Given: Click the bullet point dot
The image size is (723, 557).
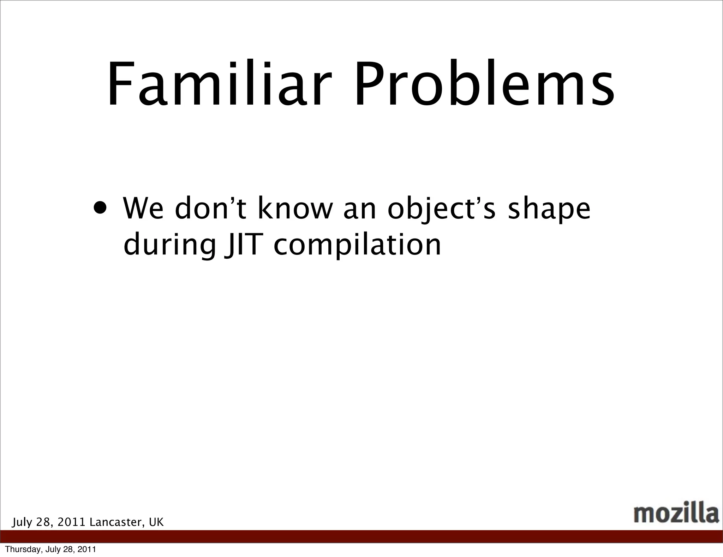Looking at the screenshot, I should click(x=100, y=208).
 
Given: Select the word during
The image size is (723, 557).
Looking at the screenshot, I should click(x=169, y=246).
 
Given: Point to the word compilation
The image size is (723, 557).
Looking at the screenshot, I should click(x=357, y=246).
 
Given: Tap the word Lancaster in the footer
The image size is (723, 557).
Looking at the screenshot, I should click(x=117, y=522).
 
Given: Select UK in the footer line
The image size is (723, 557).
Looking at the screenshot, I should click(x=156, y=522).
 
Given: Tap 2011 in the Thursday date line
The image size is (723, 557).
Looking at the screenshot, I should click(x=87, y=550).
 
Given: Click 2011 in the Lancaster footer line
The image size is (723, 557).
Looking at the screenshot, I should click(x=72, y=522).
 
